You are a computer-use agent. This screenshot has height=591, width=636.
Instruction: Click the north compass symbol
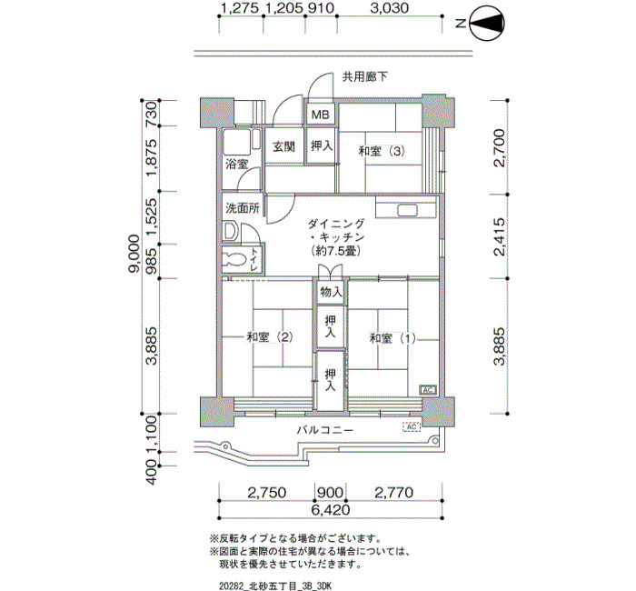487,23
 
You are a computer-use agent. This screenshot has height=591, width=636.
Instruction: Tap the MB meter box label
320,115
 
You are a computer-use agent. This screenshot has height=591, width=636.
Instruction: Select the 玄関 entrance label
283,146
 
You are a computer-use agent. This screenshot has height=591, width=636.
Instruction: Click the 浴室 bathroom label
236,165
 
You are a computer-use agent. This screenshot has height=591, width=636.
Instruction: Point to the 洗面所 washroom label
243,208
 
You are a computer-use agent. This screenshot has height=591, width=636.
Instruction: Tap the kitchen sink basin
408,210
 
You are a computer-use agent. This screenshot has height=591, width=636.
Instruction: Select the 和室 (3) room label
382,152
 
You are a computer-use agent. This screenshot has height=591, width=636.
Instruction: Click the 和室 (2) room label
270,337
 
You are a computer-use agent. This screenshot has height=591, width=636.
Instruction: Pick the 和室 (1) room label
393,338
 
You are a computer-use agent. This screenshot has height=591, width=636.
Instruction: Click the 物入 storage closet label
332,292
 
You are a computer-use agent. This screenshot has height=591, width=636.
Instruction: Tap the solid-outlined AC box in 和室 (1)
428,390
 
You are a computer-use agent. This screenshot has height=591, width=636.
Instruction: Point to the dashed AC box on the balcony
411,427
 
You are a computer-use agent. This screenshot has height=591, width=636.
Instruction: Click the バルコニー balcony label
325,429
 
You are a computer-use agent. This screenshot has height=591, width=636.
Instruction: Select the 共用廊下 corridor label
364,76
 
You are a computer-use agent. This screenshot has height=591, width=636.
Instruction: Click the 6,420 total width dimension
331,509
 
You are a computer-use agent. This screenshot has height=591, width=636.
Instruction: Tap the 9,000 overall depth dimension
134,254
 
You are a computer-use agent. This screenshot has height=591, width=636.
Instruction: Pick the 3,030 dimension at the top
390,7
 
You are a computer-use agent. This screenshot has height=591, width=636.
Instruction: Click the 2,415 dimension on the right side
500,236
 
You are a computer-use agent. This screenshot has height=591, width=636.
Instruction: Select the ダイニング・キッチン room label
336,237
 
